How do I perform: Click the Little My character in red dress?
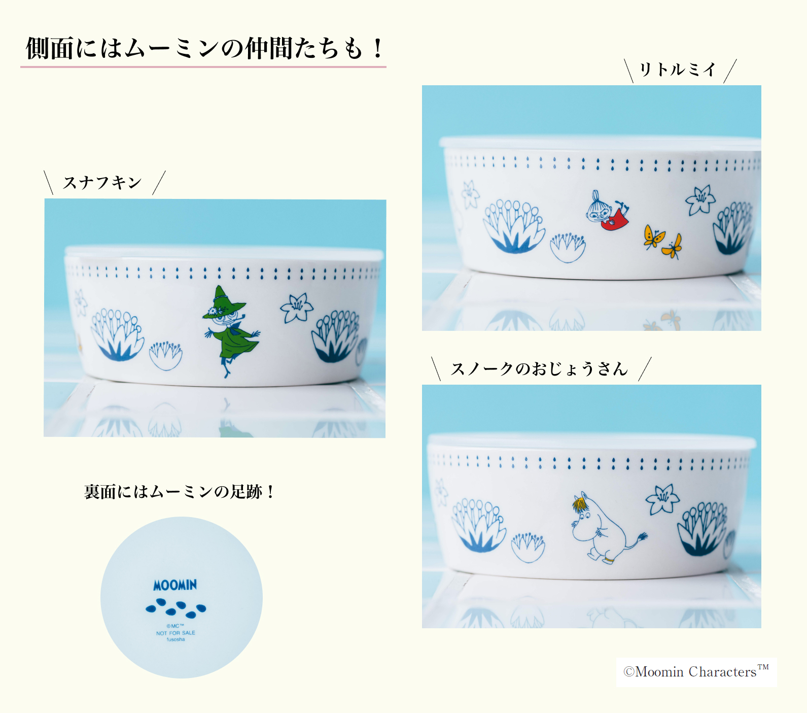tap(608, 212)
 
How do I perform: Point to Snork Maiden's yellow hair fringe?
tap(580, 503)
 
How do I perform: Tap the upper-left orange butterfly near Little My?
tap(653, 236)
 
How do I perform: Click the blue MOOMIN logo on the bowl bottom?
tap(175, 585)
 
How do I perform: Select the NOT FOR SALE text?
tap(176, 633)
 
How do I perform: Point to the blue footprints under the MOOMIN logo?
tap(176, 607)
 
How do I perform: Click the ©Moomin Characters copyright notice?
tap(696, 672)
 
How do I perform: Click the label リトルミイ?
tap(678, 70)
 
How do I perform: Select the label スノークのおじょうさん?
tap(540, 369)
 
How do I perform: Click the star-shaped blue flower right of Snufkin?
tap(297, 308)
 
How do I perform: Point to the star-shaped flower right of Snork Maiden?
tap(662, 499)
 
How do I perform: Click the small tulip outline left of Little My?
tap(568, 247)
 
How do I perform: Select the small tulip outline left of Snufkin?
tap(166, 355)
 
